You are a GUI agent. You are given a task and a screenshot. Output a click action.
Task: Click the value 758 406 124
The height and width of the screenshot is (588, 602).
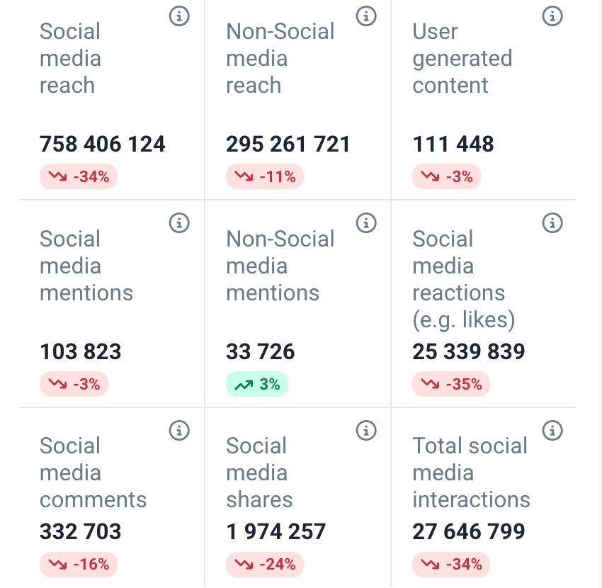(x=103, y=145)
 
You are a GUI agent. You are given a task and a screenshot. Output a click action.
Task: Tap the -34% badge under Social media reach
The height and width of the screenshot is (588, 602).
(x=79, y=177)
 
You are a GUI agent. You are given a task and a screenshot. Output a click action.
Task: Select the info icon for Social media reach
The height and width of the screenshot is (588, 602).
(x=179, y=16)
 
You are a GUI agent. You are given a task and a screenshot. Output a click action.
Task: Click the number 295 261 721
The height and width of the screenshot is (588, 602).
(x=288, y=145)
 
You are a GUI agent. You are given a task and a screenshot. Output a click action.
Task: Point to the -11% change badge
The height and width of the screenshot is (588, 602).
(x=265, y=177)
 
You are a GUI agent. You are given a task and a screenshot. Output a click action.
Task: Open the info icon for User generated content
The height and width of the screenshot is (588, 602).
(x=552, y=16)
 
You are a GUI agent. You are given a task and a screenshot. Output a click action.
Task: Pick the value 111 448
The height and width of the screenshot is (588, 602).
(x=453, y=145)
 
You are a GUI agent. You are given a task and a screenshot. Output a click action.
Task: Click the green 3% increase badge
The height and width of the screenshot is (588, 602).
(x=257, y=385)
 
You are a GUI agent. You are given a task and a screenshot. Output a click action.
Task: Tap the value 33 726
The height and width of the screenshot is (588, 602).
(x=261, y=352)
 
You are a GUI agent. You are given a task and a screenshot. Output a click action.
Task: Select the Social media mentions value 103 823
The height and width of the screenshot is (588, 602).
(x=81, y=352)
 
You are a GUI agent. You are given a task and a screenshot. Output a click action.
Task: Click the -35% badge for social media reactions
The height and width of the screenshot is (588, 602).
(x=451, y=385)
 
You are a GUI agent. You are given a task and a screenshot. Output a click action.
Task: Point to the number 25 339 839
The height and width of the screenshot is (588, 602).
(x=469, y=352)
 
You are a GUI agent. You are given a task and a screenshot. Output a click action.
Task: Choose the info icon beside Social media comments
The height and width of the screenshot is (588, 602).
(x=179, y=430)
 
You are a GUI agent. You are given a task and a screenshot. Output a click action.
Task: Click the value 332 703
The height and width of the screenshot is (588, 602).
(x=81, y=531)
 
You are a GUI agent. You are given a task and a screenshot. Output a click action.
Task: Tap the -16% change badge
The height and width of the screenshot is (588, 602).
(x=79, y=565)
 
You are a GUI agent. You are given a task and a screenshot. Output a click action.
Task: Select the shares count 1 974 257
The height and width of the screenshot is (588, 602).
(x=276, y=531)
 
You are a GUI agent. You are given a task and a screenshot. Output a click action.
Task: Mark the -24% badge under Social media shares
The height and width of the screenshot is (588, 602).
(x=265, y=565)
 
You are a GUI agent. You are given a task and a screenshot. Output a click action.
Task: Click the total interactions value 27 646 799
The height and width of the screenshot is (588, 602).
(x=469, y=531)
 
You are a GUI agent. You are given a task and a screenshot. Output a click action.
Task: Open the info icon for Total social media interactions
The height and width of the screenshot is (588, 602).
(x=552, y=430)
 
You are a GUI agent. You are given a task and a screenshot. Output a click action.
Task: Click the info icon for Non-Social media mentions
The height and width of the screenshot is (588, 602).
(x=365, y=223)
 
